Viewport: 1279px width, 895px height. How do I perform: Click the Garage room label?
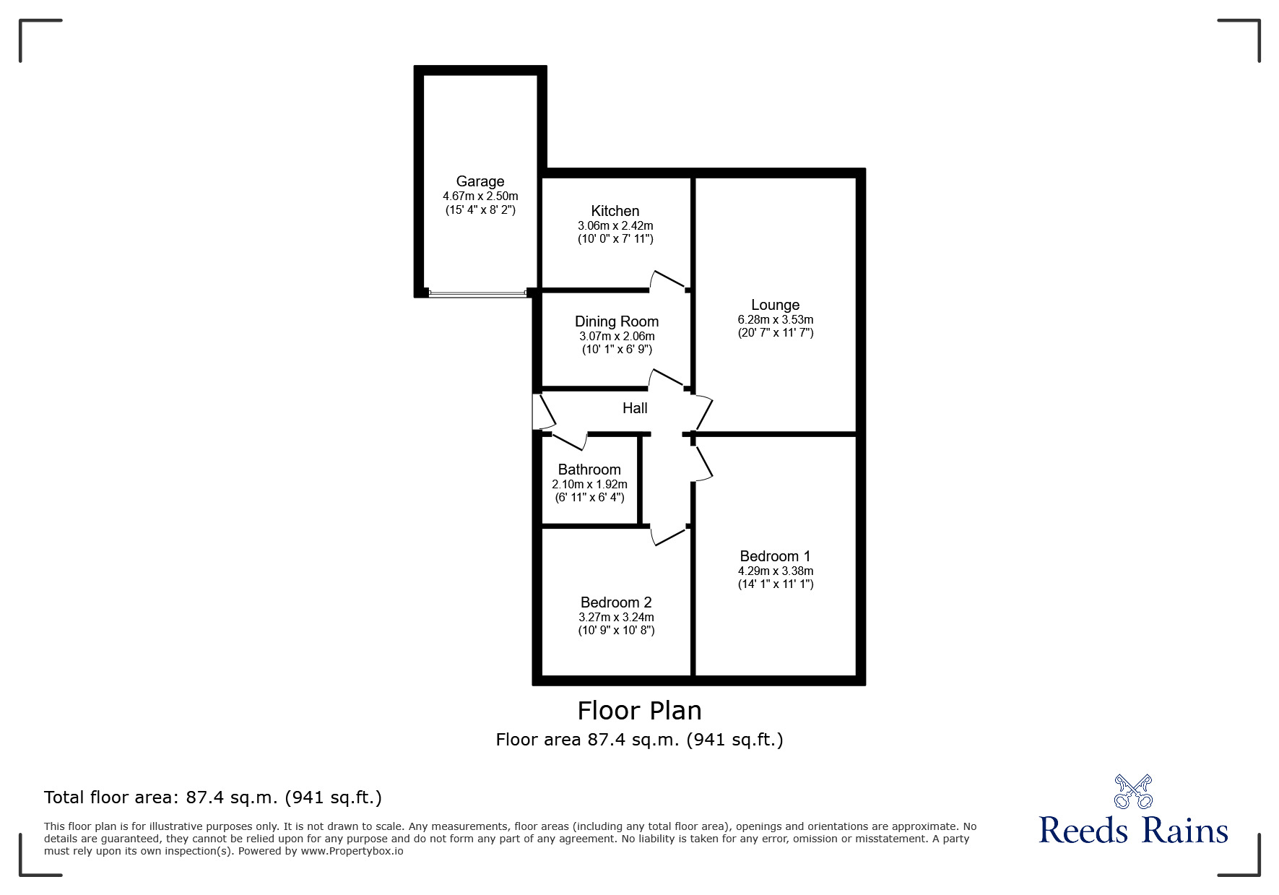480,181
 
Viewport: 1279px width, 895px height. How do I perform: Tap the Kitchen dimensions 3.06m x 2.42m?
615,225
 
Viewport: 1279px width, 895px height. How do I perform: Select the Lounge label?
775,305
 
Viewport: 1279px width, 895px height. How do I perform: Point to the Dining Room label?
616,321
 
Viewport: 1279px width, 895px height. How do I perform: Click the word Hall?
635,408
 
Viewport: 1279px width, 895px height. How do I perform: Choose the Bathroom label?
589,470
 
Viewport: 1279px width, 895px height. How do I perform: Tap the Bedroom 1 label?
775,556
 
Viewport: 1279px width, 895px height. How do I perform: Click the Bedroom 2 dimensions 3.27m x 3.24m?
616,617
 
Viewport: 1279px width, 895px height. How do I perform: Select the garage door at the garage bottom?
477,293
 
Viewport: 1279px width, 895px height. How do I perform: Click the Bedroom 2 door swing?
668,535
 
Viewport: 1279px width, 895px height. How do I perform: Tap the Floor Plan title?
639,711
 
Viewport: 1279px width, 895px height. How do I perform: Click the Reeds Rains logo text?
1133,831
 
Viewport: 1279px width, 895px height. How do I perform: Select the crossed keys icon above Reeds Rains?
1133,791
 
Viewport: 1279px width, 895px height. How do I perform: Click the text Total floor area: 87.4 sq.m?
212,797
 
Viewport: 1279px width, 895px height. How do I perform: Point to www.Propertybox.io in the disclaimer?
352,851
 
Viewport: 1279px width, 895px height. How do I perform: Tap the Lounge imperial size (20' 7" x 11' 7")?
775,333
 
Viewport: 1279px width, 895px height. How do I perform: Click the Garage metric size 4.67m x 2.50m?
480,196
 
